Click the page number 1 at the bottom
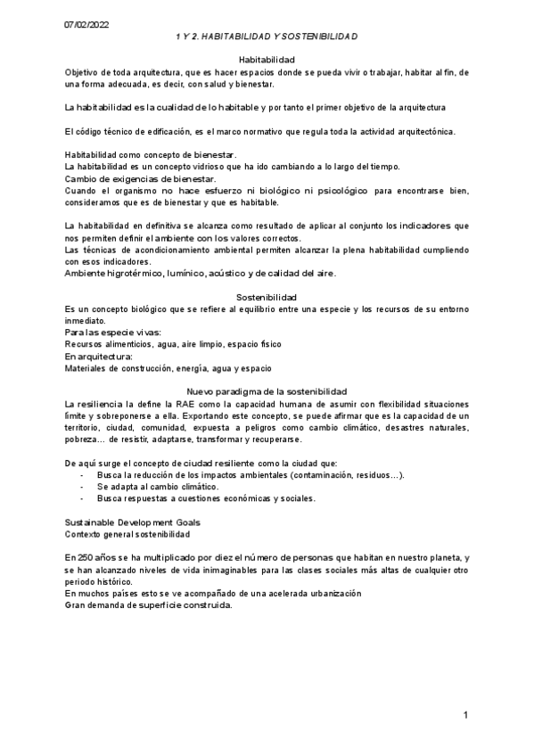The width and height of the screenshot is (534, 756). tap(465, 716)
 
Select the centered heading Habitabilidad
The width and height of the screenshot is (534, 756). tap(267, 60)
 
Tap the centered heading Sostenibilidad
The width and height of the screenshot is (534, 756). tap(267, 296)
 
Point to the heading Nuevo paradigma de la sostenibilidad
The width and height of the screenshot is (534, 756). tap(267, 391)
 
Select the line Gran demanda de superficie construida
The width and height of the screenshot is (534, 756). tap(148, 605)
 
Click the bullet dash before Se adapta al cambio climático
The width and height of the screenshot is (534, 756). tap(83, 487)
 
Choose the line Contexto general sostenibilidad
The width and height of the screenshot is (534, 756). tap(127, 533)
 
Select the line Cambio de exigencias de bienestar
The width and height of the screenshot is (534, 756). tap(141, 178)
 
